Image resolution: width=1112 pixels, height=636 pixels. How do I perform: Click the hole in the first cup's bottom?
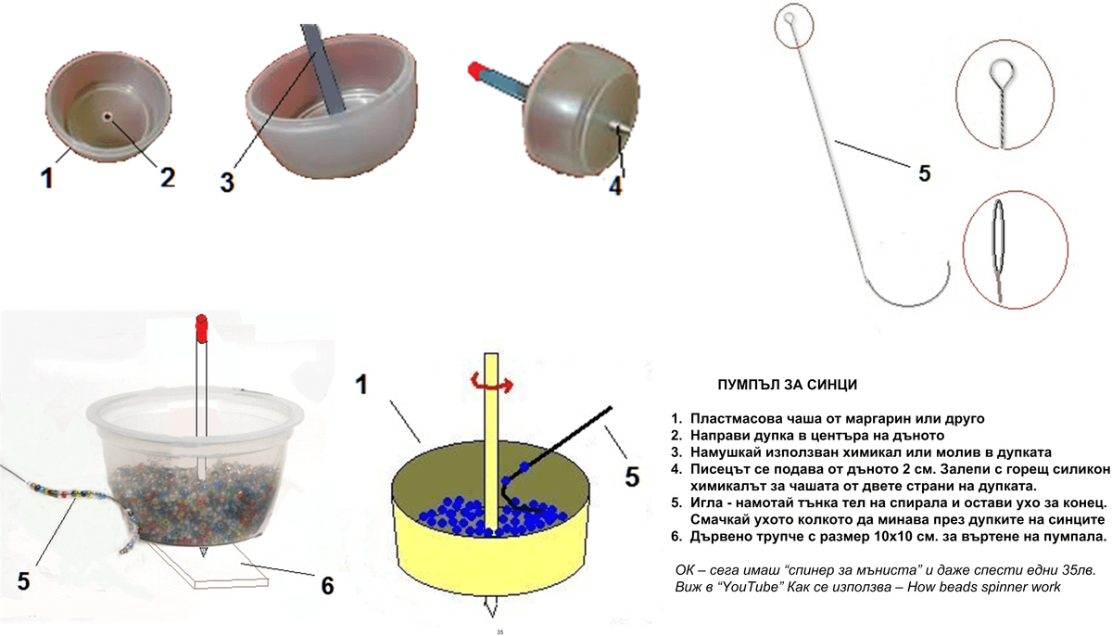(107, 116)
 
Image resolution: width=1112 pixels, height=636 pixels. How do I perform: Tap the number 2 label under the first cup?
(168, 177)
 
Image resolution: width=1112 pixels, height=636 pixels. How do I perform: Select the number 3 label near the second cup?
(227, 182)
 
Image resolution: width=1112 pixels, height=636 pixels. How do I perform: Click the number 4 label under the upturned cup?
(615, 186)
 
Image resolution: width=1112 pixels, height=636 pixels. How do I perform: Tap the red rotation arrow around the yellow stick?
(492, 383)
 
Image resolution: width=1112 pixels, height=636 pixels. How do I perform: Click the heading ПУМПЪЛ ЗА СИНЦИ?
(788, 385)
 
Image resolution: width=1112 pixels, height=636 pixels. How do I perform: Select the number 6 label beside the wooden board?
(328, 585)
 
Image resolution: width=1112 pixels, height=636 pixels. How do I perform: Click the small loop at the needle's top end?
(789, 19)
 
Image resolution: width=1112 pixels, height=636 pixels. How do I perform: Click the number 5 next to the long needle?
(924, 173)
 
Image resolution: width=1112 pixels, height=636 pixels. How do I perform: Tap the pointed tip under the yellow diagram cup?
(491, 606)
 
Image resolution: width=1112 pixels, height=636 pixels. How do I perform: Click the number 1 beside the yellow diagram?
(362, 385)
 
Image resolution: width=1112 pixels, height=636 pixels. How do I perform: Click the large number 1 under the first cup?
(47, 178)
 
